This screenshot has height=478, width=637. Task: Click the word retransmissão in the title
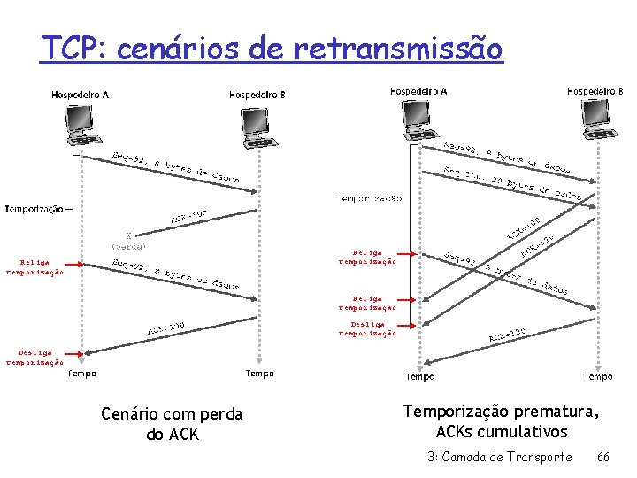pos(399,48)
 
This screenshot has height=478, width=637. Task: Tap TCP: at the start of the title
pos(72,48)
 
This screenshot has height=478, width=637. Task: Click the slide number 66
pos(603,457)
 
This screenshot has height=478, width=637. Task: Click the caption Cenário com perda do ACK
pos(172,424)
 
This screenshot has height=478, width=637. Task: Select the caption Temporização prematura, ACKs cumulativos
pos(501,421)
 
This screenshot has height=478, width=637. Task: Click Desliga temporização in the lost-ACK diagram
pos(35,357)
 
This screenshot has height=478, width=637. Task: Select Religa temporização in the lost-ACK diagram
pos(35,267)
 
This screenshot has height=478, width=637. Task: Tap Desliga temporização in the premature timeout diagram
pos(367,328)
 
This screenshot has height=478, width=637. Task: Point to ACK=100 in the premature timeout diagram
pos(523,228)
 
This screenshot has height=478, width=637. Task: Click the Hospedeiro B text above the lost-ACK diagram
pos(257,95)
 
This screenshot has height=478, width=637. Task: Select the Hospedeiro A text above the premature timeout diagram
pos(418,91)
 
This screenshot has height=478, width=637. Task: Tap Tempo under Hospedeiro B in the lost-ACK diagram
pos(259,374)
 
